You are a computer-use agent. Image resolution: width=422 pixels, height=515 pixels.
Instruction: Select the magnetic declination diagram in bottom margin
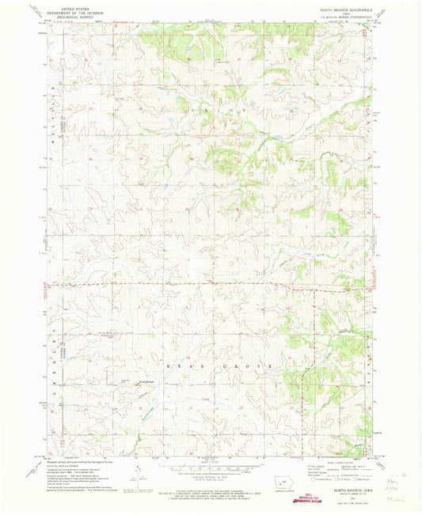(x=136, y=475)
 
